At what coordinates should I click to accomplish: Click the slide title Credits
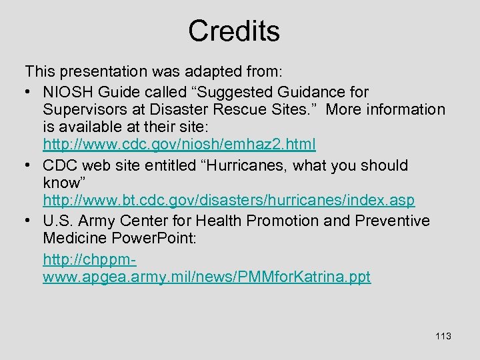point(233,31)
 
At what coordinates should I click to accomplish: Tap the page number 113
point(443,336)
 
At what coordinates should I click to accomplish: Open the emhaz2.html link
point(179,144)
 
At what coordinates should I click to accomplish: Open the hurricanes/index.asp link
point(229,200)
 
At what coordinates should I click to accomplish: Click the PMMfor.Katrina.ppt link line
point(207,277)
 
